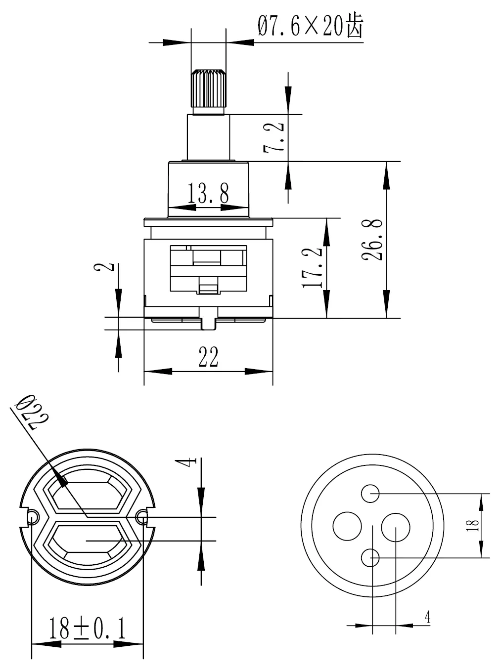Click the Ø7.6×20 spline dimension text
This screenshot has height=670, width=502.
(311, 26)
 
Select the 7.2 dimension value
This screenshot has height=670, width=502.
(274, 137)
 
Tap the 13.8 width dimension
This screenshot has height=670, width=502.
(208, 193)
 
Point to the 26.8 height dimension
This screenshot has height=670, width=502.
(372, 240)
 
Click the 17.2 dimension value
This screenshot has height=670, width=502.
(312, 268)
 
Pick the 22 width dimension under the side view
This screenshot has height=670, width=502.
(208, 357)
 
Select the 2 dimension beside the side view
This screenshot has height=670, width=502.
(104, 267)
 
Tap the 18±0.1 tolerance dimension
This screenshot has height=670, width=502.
(88, 628)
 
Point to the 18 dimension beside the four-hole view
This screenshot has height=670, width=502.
(472, 526)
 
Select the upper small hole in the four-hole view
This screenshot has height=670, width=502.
(370, 493)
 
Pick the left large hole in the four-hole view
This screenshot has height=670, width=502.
(347, 526)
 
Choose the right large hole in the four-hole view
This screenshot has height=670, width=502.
(396, 527)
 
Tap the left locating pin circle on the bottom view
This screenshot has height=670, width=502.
(32, 517)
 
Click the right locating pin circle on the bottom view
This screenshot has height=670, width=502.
(142, 517)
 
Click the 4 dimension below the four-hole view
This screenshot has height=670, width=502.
(427, 617)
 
